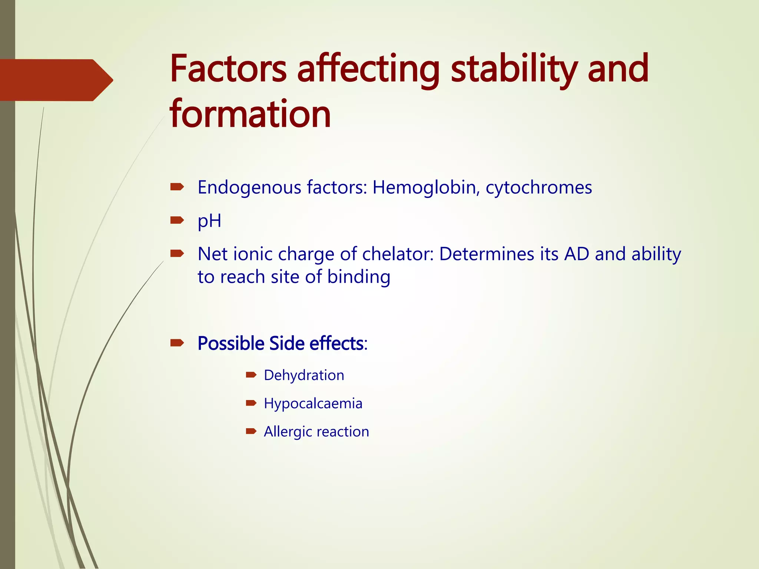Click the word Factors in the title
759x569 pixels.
pyautogui.click(x=228, y=69)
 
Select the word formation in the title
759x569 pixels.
pyautogui.click(x=250, y=114)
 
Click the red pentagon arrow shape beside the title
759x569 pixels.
pyautogui.click(x=56, y=80)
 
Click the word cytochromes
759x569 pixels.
pyautogui.click(x=538, y=187)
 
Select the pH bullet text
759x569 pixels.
pyautogui.click(x=209, y=221)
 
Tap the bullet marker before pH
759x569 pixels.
pyautogui.click(x=177, y=221)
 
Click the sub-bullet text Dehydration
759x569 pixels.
pyautogui.click(x=304, y=375)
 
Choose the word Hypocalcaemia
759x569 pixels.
pyautogui.click(x=313, y=403)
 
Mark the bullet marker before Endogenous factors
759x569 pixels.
pyautogui.click(x=177, y=187)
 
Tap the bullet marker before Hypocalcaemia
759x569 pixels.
pyautogui.click(x=251, y=403)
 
